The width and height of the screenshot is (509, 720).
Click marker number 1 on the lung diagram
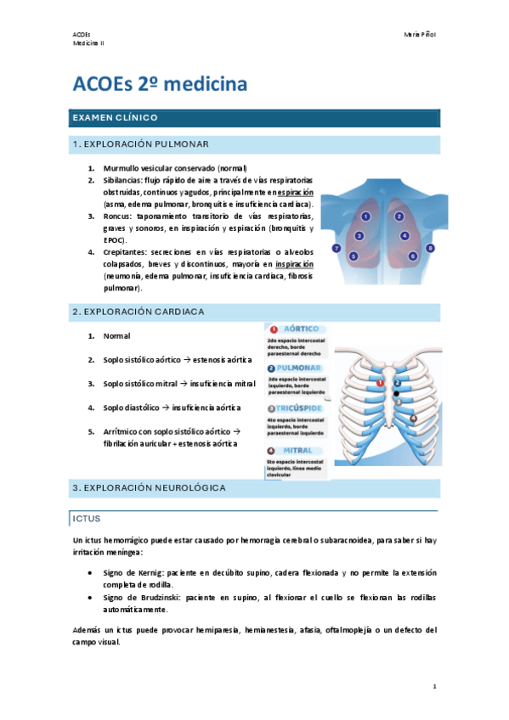(x=365, y=217)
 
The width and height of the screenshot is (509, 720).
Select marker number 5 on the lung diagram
(x=353, y=255)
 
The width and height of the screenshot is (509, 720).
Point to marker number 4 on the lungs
(x=404, y=235)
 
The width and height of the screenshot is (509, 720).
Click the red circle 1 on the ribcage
(x=380, y=382)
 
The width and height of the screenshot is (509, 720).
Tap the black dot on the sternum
(x=396, y=394)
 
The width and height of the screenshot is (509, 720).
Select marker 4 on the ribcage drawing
(x=414, y=418)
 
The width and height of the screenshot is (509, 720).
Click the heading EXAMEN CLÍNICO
(x=116, y=117)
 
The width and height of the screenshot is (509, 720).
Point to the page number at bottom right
(x=433, y=686)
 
